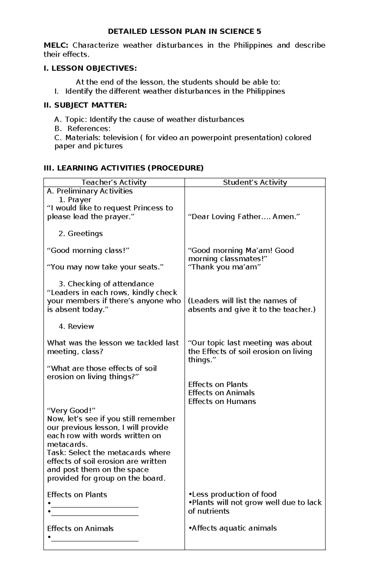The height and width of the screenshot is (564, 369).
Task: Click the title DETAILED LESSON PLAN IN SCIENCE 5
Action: [x=184, y=31]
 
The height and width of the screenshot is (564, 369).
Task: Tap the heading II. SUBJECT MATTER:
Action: [x=85, y=105]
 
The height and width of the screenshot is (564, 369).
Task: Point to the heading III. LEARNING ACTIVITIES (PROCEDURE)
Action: [x=124, y=168]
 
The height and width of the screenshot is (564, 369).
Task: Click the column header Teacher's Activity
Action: [x=114, y=182]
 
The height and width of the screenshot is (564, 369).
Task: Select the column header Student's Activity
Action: [x=255, y=182]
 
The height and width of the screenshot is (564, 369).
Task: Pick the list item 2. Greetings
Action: [x=81, y=234]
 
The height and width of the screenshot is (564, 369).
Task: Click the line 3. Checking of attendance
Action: [x=106, y=284]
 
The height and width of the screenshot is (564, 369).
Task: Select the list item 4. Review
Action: [x=76, y=326]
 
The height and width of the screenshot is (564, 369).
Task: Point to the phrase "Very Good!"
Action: [x=71, y=411]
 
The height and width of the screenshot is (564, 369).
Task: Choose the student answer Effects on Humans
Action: [x=222, y=401]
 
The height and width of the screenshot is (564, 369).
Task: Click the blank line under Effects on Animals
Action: [x=95, y=538]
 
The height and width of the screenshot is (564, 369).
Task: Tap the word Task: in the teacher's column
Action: [x=57, y=453]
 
